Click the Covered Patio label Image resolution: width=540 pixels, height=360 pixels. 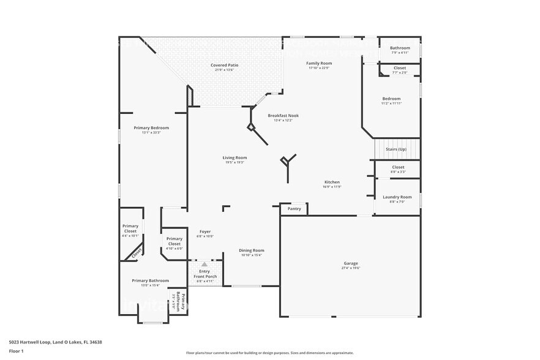(x=224, y=65)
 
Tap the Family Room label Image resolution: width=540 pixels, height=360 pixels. (x=319, y=63)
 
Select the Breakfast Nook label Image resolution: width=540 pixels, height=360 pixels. (x=283, y=115)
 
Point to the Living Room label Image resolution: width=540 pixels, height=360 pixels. (x=234, y=157)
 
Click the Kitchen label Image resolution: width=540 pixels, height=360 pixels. (x=332, y=182)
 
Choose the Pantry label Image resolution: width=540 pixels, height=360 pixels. (x=294, y=209)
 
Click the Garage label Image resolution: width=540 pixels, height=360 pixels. (x=350, y=263)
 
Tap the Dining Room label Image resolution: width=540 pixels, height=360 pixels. (x=251, y=250)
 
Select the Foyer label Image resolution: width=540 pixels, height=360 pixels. (x=204, y=231)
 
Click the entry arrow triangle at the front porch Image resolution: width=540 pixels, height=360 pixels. (x=204, y=264)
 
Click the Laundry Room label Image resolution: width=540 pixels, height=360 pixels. (x=397, y=197)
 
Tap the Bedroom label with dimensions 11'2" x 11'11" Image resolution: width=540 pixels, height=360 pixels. (x=391, y=99)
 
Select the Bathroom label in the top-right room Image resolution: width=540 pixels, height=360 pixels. (x=400, y=48)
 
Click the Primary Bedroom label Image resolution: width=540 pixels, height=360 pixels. (x=151, y=127)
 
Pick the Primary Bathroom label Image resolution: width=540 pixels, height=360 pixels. (x=150, y=280)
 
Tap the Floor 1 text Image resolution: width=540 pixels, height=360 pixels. (x=17, y=351)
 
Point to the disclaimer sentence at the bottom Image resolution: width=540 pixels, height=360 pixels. (x=269, y=353)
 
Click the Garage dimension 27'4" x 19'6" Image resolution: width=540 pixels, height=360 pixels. (x=350, y=268)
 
